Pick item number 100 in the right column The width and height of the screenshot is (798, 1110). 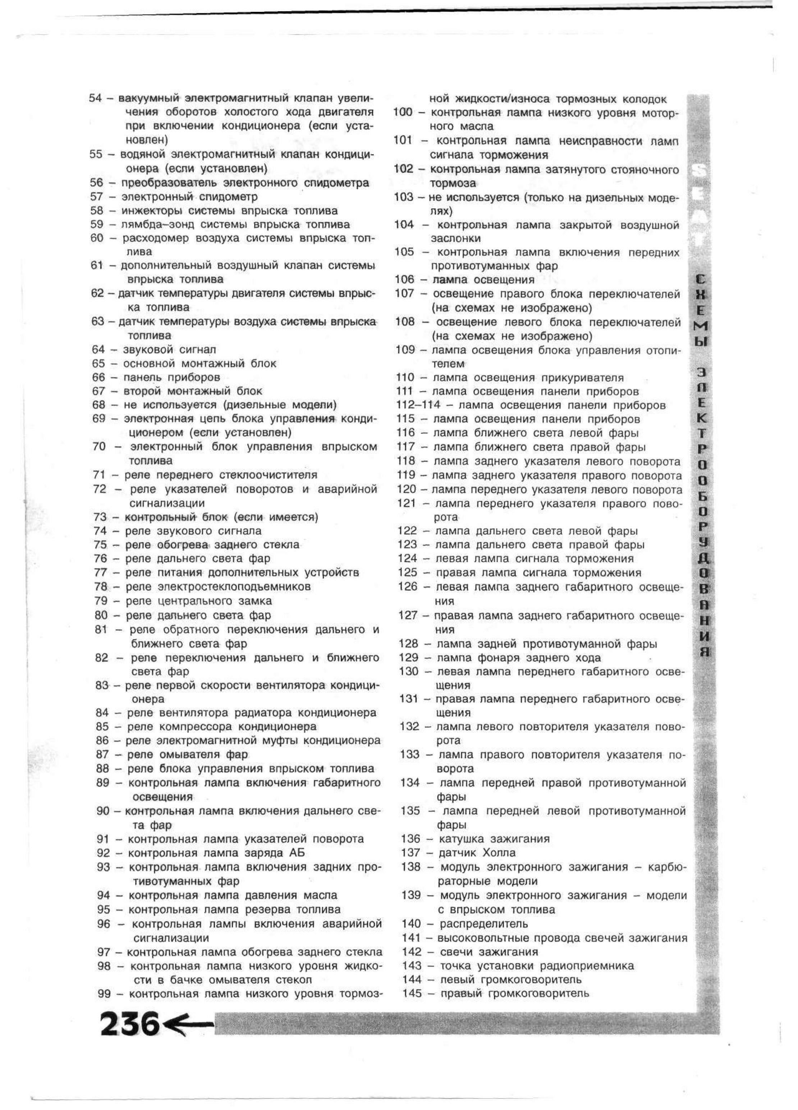[x=403, y=112]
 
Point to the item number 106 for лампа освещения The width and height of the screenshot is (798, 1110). [x=404, y=280]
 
